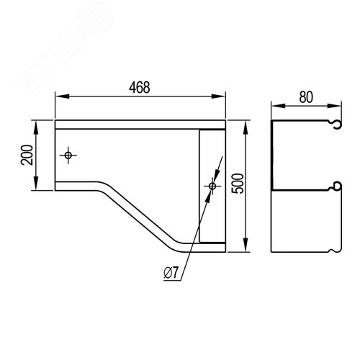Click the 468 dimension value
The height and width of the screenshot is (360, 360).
140,87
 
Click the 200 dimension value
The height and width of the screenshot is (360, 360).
27,155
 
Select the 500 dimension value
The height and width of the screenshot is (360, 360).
239,184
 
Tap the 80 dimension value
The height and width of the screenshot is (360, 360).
306,97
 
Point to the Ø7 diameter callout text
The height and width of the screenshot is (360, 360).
171,273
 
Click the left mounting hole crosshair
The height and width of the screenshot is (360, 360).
68,156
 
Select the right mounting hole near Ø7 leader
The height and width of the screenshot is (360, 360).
212,186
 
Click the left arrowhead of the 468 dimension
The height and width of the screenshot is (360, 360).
63,96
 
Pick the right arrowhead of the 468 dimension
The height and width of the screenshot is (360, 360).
218,96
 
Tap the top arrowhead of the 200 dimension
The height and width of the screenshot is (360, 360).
36,127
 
